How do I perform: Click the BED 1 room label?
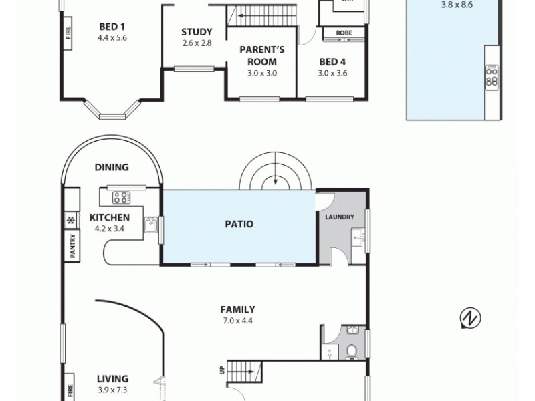112,27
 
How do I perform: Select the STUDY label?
197,32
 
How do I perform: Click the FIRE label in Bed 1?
68,38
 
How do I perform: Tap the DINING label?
112,168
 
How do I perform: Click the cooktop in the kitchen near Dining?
122,197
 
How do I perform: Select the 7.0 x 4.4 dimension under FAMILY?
237,320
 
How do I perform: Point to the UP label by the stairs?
222,368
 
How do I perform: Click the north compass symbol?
470,319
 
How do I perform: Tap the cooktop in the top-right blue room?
491,75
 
